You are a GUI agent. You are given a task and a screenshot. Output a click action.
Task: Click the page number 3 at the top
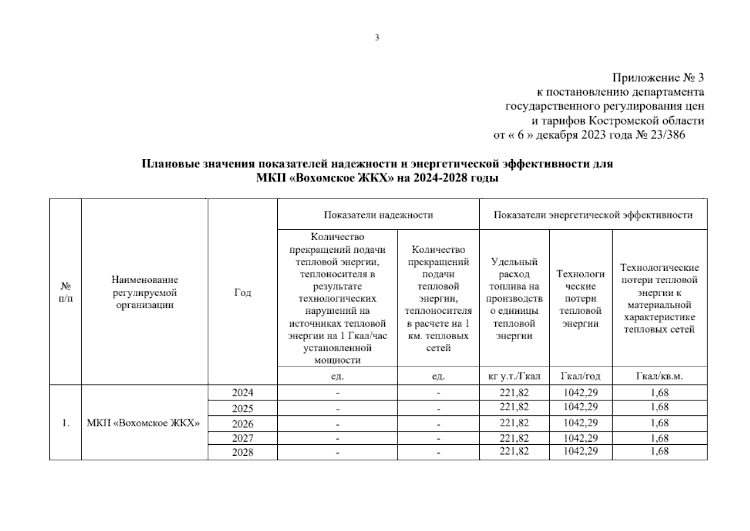(377, 38)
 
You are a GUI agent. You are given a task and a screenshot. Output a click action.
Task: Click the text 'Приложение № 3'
(658, 78)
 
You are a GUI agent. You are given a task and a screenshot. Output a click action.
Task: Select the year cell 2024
(242, 393)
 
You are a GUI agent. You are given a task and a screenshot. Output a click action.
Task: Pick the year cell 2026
(242, 424)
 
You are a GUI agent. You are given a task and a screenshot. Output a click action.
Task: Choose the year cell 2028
(242, 452)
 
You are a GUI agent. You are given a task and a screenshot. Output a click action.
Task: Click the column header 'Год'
(242, 292)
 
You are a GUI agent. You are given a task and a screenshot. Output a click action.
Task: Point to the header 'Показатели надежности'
(378, 215)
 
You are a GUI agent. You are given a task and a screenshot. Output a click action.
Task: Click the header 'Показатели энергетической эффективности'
(593, 215)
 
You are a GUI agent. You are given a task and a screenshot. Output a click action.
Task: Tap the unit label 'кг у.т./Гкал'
(514, 377)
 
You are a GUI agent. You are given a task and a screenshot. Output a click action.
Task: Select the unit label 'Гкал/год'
(580, 377)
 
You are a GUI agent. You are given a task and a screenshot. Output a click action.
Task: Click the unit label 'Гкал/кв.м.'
(659, 377)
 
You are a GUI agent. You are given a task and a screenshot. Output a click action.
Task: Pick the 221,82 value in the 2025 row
(514, 407)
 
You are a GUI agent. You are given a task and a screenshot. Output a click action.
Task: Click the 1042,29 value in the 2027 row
(580, 438)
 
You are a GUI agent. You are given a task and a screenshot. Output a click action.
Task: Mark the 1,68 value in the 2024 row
(659, 392)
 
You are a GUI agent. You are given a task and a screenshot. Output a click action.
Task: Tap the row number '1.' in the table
(65, 423)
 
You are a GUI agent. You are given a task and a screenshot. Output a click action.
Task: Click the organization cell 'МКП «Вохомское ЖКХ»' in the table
(143, 423)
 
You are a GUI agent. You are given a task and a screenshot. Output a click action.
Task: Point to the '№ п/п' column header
(65, 292)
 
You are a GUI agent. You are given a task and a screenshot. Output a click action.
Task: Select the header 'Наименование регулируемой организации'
(145, 292)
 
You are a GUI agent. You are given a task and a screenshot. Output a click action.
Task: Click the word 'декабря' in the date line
(554, 135)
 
